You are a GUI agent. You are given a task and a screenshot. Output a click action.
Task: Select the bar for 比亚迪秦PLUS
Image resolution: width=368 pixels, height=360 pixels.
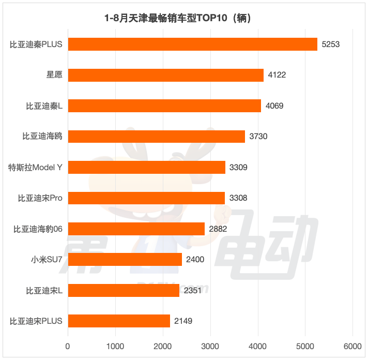click(192, 44)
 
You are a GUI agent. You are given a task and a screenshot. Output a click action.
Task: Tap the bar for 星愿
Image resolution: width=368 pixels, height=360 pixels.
click(165, 75)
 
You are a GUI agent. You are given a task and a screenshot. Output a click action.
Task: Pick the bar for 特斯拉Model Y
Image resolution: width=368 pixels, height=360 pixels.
click(146, 167)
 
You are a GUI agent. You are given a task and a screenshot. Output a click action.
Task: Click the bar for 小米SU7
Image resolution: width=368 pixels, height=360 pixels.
click(125, 259)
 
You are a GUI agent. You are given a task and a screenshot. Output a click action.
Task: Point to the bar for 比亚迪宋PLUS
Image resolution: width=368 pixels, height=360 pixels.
click(119, 321)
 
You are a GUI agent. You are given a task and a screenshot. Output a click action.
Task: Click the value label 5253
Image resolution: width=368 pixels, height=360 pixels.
click(330, 44)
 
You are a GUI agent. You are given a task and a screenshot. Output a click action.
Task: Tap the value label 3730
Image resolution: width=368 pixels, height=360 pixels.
click(258, 137)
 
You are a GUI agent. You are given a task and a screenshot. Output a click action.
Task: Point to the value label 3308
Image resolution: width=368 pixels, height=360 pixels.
click(238, 198)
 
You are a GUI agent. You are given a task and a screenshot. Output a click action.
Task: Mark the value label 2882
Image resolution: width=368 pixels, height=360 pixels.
click(217, 229)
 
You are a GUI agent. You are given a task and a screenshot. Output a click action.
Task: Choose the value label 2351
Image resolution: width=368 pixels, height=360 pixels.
click(192, 290)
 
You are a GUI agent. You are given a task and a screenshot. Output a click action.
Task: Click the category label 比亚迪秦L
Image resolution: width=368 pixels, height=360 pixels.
click(44, 106)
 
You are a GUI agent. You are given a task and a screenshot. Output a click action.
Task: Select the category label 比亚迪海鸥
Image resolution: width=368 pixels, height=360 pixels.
click(42, 137)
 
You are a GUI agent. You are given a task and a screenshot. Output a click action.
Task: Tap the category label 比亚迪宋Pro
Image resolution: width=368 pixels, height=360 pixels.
click(40, 198)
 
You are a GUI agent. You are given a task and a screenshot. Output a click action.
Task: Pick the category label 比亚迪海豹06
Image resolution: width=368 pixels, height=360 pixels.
click(38, 229)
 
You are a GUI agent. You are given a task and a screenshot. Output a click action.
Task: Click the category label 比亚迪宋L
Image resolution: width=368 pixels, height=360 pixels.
click(44, 290)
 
